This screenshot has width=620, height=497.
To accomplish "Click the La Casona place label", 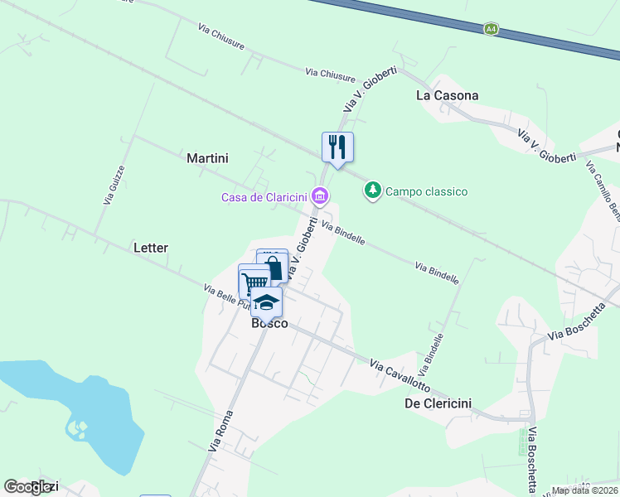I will coord(447,95).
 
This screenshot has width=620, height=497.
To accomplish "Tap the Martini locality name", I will coord(207,157).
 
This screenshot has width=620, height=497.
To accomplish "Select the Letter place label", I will coord(150,248).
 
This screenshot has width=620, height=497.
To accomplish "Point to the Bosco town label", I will coord(269,323).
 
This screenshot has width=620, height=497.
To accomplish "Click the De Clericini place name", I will coord(438,403).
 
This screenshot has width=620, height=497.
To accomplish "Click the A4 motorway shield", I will coord(492,29).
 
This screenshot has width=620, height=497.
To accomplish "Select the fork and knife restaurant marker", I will coord(337,147).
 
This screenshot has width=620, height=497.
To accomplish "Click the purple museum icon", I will coord(320,196).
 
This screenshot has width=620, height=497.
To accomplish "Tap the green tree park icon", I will coord(373,191).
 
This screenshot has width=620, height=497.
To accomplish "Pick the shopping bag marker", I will coord(274,266).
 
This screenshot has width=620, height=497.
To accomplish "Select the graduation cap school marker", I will coord(266,302).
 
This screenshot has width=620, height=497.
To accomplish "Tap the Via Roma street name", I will coord(221,430).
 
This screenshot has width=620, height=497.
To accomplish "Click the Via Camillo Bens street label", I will coord(602,191).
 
